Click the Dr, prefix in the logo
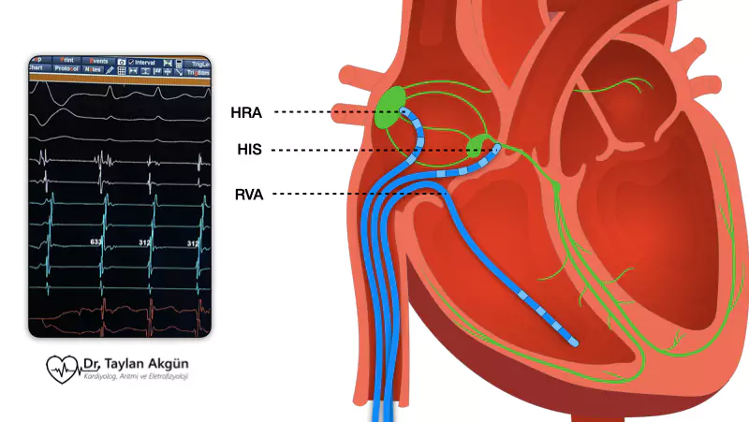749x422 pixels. (x=93, y=364)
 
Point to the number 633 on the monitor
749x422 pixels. (x=95, y=241)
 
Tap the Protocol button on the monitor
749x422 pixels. (x=66, y=69)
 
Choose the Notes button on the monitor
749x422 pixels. (x=93, y=69)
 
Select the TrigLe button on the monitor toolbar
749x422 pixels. (x=198, y=61)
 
